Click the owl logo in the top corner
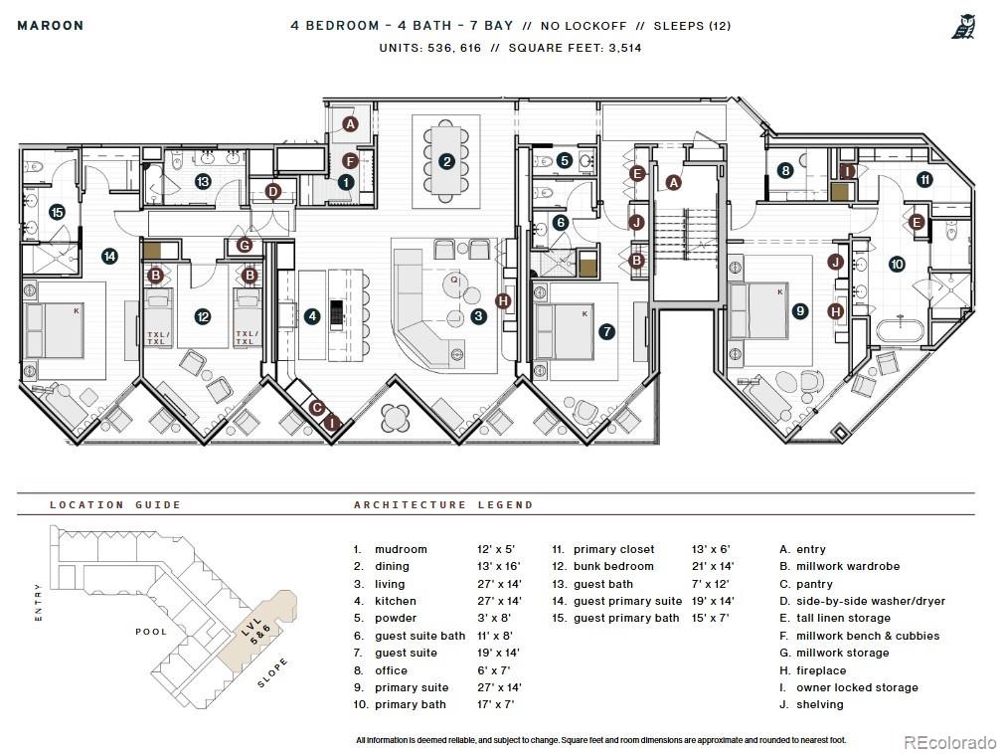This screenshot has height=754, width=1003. (963, 27)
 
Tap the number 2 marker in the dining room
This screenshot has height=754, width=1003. (446, 162)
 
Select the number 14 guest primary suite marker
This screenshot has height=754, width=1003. (109, 257)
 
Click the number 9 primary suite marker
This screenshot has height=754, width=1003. (799, 311)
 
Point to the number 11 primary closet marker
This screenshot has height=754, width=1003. (924, 180)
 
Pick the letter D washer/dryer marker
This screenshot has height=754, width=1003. (273, 191)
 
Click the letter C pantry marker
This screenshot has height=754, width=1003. (317, 408)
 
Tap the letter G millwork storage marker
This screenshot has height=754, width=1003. (244, 245)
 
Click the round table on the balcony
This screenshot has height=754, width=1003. (396, 419)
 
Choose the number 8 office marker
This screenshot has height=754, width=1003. (785, 171)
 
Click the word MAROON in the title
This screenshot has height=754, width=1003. (51, 26)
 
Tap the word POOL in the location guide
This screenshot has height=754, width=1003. (151, 632)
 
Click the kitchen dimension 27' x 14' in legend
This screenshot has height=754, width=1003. (499, 601)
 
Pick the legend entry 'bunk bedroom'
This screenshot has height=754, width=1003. (613, 566)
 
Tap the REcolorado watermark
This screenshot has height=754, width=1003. (949, 742)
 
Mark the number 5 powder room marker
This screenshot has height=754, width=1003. (564, 161)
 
